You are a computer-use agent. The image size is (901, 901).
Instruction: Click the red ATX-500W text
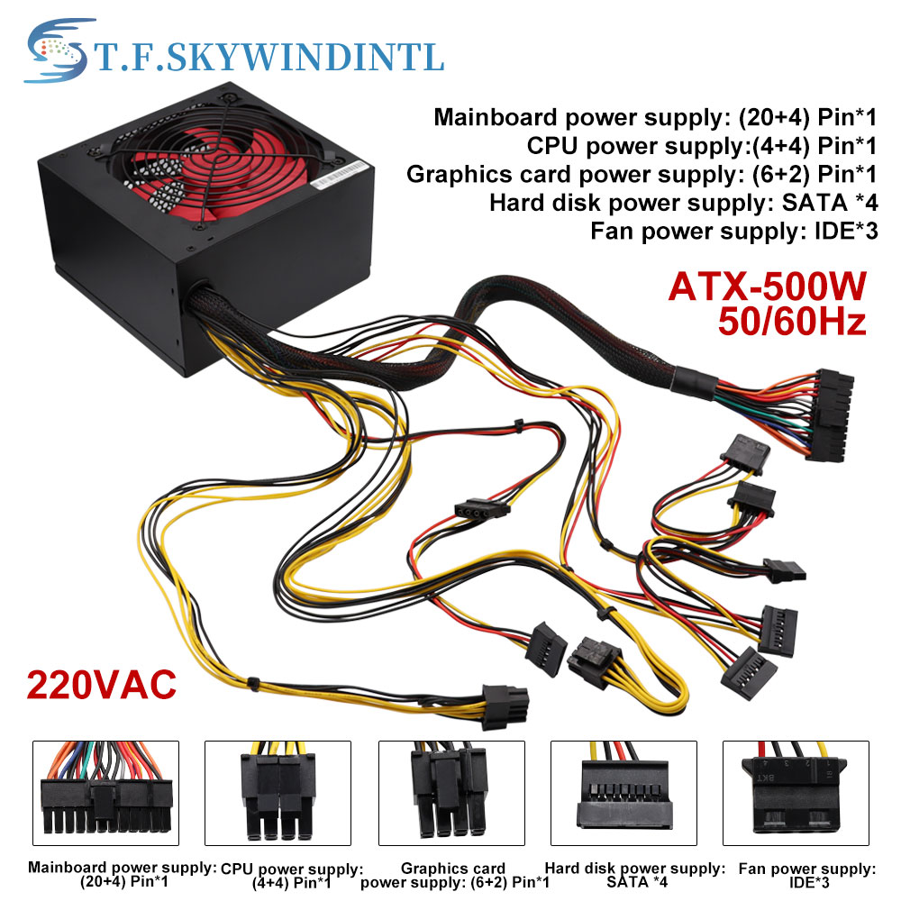click(x=767, y=288)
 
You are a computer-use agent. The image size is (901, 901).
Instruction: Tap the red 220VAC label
click(x=101, y=685)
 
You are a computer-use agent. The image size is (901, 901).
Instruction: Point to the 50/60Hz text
click(x=791, y=322)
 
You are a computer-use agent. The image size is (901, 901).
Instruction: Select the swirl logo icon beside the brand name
click(x=57, y=51)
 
